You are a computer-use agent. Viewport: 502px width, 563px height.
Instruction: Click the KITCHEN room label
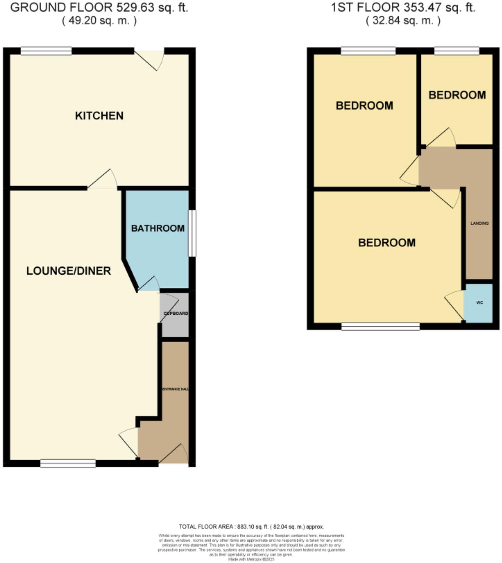[99, 115]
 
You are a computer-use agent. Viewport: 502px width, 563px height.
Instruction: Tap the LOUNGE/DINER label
[69, 271]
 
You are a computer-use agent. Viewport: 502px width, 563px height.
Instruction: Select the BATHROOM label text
[158, 228]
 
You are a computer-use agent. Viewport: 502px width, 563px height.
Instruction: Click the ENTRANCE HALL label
[175, 389]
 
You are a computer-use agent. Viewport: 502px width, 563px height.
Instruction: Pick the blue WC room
[478, 303]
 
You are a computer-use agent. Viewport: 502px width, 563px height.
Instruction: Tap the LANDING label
[479, 223]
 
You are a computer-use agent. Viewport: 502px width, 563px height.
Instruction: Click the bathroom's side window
[192, 233]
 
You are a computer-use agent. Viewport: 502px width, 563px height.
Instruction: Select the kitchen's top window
[46, 51]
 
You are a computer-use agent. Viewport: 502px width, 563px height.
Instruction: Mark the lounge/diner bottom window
[68, 463]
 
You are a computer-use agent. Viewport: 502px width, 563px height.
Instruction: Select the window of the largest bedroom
[380, 326]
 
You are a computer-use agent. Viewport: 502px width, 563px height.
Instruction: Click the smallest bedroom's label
[457, 95]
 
